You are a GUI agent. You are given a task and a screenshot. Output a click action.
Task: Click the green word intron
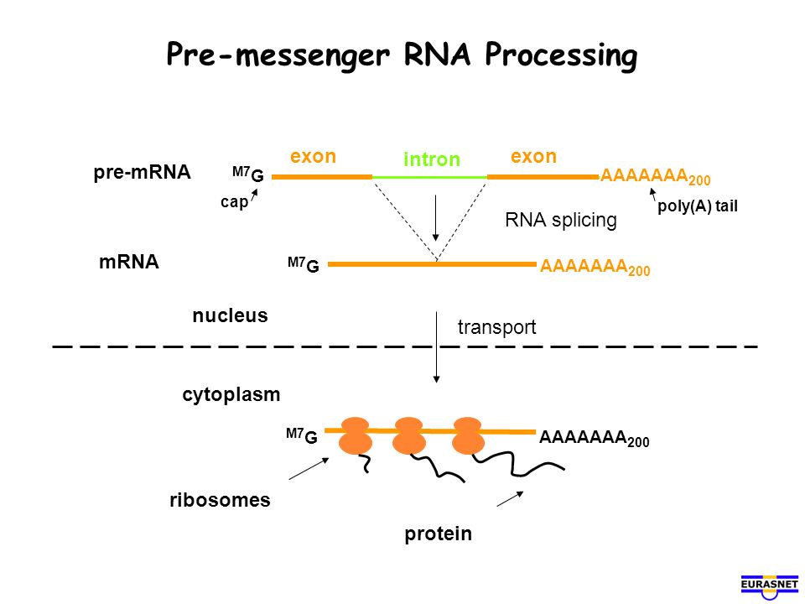click(432, 159)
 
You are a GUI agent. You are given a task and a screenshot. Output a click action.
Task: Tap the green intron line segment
click(429, 177)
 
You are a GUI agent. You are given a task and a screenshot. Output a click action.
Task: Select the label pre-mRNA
click(143, 172)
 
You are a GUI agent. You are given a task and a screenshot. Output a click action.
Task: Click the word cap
click(234, 202)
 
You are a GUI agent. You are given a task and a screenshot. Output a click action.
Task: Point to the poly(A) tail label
click(698, 206)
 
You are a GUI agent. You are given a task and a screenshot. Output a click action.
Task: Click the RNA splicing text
click(561, 220)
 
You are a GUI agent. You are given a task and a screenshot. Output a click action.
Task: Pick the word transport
click(497, 326)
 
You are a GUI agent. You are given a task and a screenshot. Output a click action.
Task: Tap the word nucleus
click(230, 315)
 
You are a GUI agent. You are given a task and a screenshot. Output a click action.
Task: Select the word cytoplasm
click(231, 395)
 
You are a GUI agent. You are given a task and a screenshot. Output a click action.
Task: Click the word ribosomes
click(220, 500)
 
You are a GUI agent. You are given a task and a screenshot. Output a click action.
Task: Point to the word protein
click(438, 534)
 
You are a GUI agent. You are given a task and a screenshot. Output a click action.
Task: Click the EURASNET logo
click(770, 586)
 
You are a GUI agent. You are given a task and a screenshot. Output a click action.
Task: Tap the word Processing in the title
click(561, 55)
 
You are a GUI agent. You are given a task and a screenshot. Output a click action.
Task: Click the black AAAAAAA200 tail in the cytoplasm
click(594, 439)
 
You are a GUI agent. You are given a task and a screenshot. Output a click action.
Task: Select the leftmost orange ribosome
click(356, 435)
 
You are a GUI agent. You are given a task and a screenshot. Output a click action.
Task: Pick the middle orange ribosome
click(408, 435)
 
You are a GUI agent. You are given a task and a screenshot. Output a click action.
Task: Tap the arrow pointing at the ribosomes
click(309, 468)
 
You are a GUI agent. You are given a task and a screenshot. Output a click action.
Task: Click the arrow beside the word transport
click(436, 347)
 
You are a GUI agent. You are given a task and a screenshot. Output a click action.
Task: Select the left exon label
click(313, 156)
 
